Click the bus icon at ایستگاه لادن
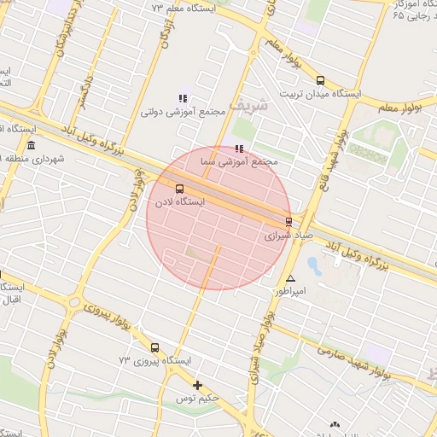179,189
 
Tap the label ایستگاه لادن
179,202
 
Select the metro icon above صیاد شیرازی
288,221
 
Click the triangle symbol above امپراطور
290,278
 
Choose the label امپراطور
288,291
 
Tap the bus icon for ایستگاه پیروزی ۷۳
154,347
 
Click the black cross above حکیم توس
198,386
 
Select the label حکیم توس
198,399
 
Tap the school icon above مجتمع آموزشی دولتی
181,98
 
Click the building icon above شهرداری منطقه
32,146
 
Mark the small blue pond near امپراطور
313,265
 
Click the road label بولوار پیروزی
101,315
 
